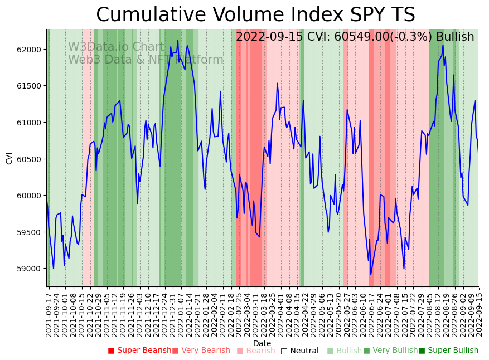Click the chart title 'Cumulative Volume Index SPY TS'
[255, 14]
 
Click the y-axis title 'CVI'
[9, 158]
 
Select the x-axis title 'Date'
[262, 343]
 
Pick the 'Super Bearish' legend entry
[139, 351]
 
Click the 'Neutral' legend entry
[299, 351]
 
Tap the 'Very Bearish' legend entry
[201, 351]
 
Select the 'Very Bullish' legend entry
[390, 351]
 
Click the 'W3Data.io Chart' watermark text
[116, 47]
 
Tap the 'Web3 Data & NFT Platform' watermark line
[146, 60]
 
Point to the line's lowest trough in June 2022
[371, 274]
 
